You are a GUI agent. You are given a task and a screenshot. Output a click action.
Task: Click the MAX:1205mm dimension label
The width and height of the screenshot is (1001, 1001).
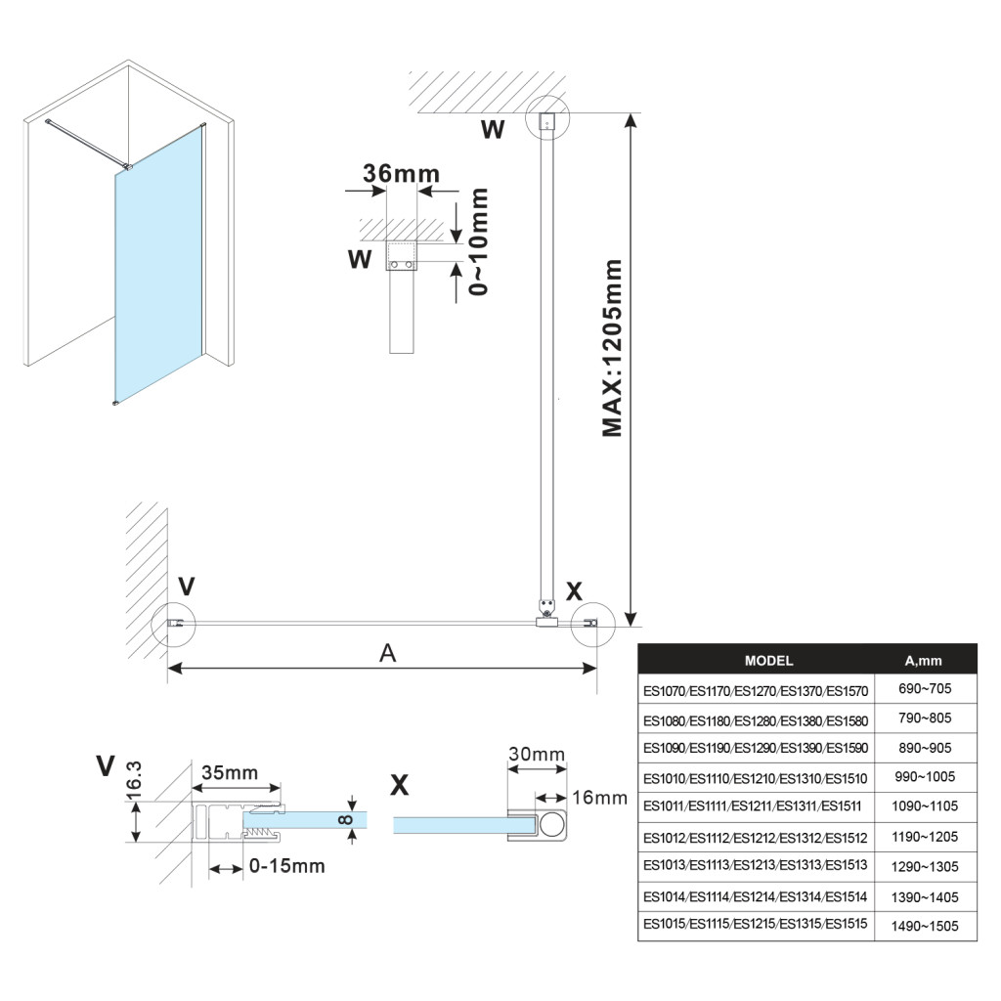point(612,348)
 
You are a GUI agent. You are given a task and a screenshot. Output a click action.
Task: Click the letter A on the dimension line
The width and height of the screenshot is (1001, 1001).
point(388,654)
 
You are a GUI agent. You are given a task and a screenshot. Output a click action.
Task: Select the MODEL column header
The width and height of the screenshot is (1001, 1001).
point(768,661)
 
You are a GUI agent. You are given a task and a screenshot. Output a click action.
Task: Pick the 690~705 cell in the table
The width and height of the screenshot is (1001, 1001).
point(924,689)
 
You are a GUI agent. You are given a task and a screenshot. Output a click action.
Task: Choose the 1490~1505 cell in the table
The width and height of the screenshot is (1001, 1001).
point(924,926)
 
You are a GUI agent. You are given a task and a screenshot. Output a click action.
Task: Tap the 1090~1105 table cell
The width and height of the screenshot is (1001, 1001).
point(924,806)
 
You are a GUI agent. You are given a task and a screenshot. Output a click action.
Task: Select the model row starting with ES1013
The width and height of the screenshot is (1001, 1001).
point(755,866)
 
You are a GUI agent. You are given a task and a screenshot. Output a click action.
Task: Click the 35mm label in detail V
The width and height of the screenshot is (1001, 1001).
point(230,772)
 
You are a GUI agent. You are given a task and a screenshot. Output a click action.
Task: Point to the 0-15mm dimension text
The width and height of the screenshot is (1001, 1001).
point(286,866)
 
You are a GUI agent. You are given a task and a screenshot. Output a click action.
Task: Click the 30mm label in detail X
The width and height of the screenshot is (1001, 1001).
point(536,754)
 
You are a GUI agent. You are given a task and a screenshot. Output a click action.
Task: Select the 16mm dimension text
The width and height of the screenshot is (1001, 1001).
point(599,798)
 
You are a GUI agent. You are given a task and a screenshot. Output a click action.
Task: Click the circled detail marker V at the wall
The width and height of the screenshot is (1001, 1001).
point(174,624)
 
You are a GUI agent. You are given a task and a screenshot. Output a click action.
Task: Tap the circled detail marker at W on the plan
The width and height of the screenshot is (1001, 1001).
point(546,121)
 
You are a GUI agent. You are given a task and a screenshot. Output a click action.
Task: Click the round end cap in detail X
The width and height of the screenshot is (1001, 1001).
point(552,824)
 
